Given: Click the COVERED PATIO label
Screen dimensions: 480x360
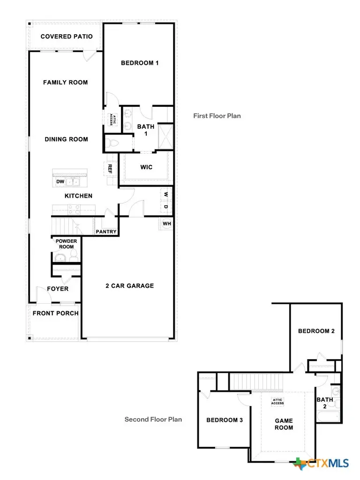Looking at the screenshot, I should pyautogui.click(x=67, y=37).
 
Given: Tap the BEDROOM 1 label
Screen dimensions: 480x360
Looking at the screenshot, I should pyautogui.click(x=140, y=63).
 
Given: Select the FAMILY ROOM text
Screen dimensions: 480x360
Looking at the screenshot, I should pyautogui.click(x=66, y=82).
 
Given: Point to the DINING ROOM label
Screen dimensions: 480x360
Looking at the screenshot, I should pyautogui.click(x=66, y=139).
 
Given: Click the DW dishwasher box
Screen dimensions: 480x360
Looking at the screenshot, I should pyautogui.click(x=60, y=181).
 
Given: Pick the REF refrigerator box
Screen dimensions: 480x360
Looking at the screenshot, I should pyautogui.click(x=110, y=169).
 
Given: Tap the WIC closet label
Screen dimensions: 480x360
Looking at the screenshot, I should pyautogui.click(x=146, y=167).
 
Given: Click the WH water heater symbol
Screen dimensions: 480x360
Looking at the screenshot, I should pyautogui.click(x=167, y=224).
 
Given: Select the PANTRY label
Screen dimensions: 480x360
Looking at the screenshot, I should pyautogui.click(x=106, y=232).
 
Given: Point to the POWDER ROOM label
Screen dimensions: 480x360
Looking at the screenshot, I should pyautogui.click(x=67, y=244).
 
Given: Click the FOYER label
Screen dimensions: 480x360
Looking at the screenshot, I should pyautogui.click(x=58, y=289).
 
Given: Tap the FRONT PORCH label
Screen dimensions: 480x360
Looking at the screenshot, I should pyautogui.click(x=55, y=313).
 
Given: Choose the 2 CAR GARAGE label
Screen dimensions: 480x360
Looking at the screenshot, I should pyautogui.click(x=129, y=285).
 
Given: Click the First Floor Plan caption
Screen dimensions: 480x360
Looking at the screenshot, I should pyautogui.click(x=217, y=116).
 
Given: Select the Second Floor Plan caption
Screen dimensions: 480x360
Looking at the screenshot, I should pyautogui.click(x=153, y=420).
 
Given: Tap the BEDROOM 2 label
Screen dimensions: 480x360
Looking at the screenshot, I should pyautogui.click(x=316, y=331).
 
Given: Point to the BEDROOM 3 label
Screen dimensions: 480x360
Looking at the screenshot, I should pyautogui.click(x=225, y=420).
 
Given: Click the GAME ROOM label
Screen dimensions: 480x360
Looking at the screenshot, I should pyautogui.click(x=284, y=424).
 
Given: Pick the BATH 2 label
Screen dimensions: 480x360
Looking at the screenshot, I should pyautogui.click(x=325, y=403).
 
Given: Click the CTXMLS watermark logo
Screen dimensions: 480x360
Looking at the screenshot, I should pyautogui.click(x=322, y=464).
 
